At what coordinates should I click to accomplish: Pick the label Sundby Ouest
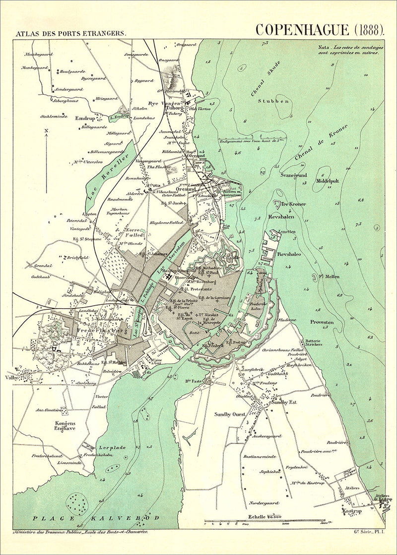[230, 414]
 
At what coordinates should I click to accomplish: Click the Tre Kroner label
[293, 204]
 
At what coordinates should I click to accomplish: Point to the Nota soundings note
[353, 51]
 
